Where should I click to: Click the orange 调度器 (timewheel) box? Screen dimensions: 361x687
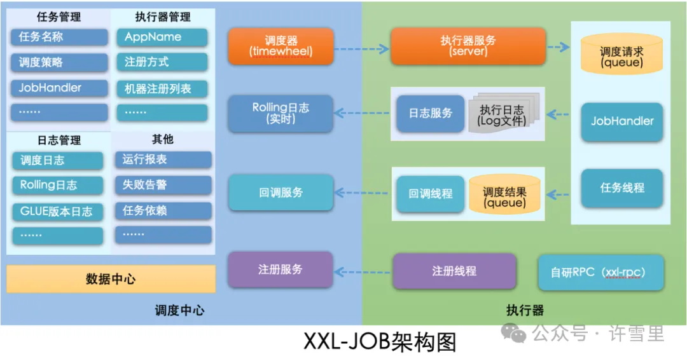281,46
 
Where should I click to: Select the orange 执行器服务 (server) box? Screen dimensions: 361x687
468,46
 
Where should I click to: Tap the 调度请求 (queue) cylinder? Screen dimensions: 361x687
621,57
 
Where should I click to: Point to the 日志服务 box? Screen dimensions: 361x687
430,113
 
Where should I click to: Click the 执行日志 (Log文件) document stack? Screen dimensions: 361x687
503,114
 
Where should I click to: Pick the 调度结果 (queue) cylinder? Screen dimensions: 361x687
504,194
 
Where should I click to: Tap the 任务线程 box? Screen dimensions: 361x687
621,187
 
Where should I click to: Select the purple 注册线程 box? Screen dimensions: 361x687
454,271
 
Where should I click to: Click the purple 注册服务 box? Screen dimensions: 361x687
281,269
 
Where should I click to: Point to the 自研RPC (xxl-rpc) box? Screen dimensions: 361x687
600,273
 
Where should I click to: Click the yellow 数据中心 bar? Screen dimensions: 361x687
111,279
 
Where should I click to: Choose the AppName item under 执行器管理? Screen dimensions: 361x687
162,37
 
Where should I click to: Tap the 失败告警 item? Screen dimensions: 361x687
163,185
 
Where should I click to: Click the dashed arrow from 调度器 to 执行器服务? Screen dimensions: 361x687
361,48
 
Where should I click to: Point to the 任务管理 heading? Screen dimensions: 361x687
59,17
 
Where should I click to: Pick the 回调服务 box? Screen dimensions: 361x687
281,192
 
